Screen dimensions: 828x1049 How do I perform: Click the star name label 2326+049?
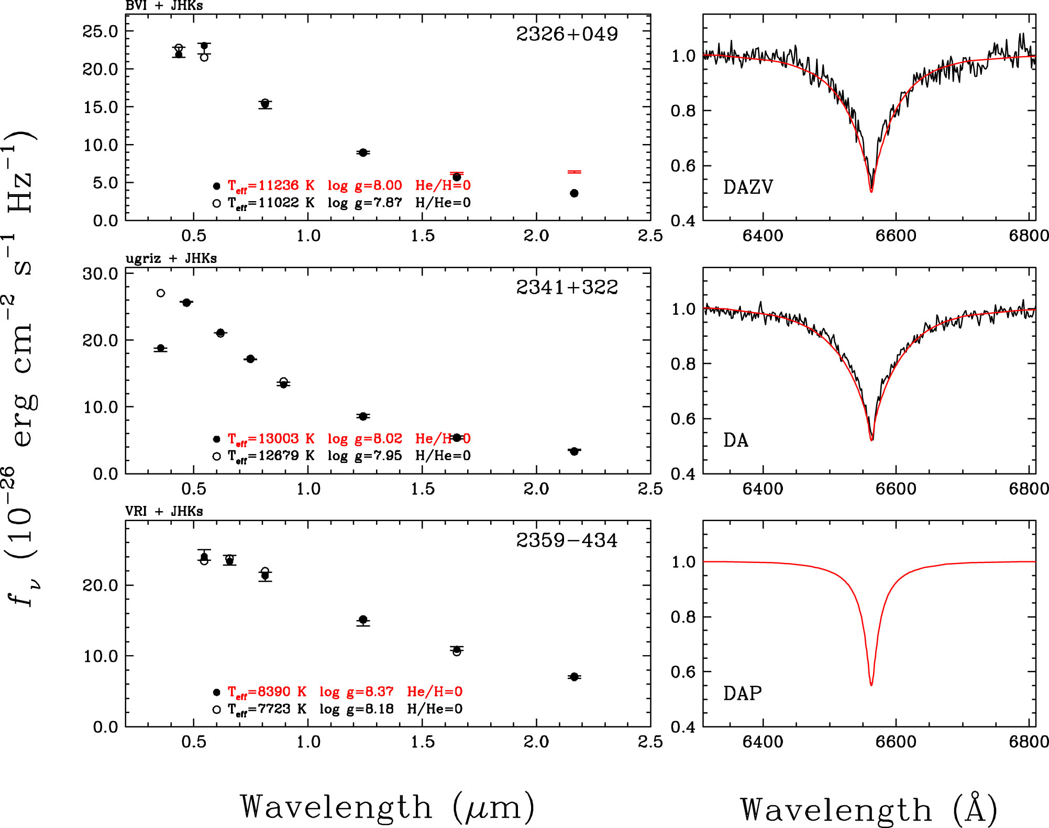coord(567,34)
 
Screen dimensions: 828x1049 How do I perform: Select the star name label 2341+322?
coord(567,287)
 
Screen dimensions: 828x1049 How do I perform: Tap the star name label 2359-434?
coord(567,540)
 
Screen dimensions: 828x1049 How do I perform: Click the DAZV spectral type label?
coord(748,187)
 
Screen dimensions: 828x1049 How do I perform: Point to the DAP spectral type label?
coord(742,693)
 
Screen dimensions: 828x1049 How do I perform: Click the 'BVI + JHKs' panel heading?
coord(164,6)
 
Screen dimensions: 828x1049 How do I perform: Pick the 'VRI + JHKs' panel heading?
coord(164,511)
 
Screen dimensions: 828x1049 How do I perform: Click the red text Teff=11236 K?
coord(271,185)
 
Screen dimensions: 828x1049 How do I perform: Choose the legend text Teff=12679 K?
coord(271,456)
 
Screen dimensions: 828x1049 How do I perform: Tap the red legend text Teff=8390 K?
coord(267,692)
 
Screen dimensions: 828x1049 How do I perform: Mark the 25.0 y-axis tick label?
coord(101,31)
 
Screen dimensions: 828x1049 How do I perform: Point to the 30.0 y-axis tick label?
coord(101,273)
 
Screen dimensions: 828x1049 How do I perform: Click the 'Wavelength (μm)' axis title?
coord(388,807)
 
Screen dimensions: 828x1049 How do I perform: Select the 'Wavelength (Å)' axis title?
coord(869,809)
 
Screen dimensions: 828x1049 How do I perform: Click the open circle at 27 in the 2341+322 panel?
coord(161,293)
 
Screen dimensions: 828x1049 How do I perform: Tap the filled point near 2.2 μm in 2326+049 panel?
coord(574,193)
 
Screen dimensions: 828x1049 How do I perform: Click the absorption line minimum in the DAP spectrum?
coord(871,685)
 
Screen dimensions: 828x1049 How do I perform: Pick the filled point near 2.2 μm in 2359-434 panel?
coord(574,677)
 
